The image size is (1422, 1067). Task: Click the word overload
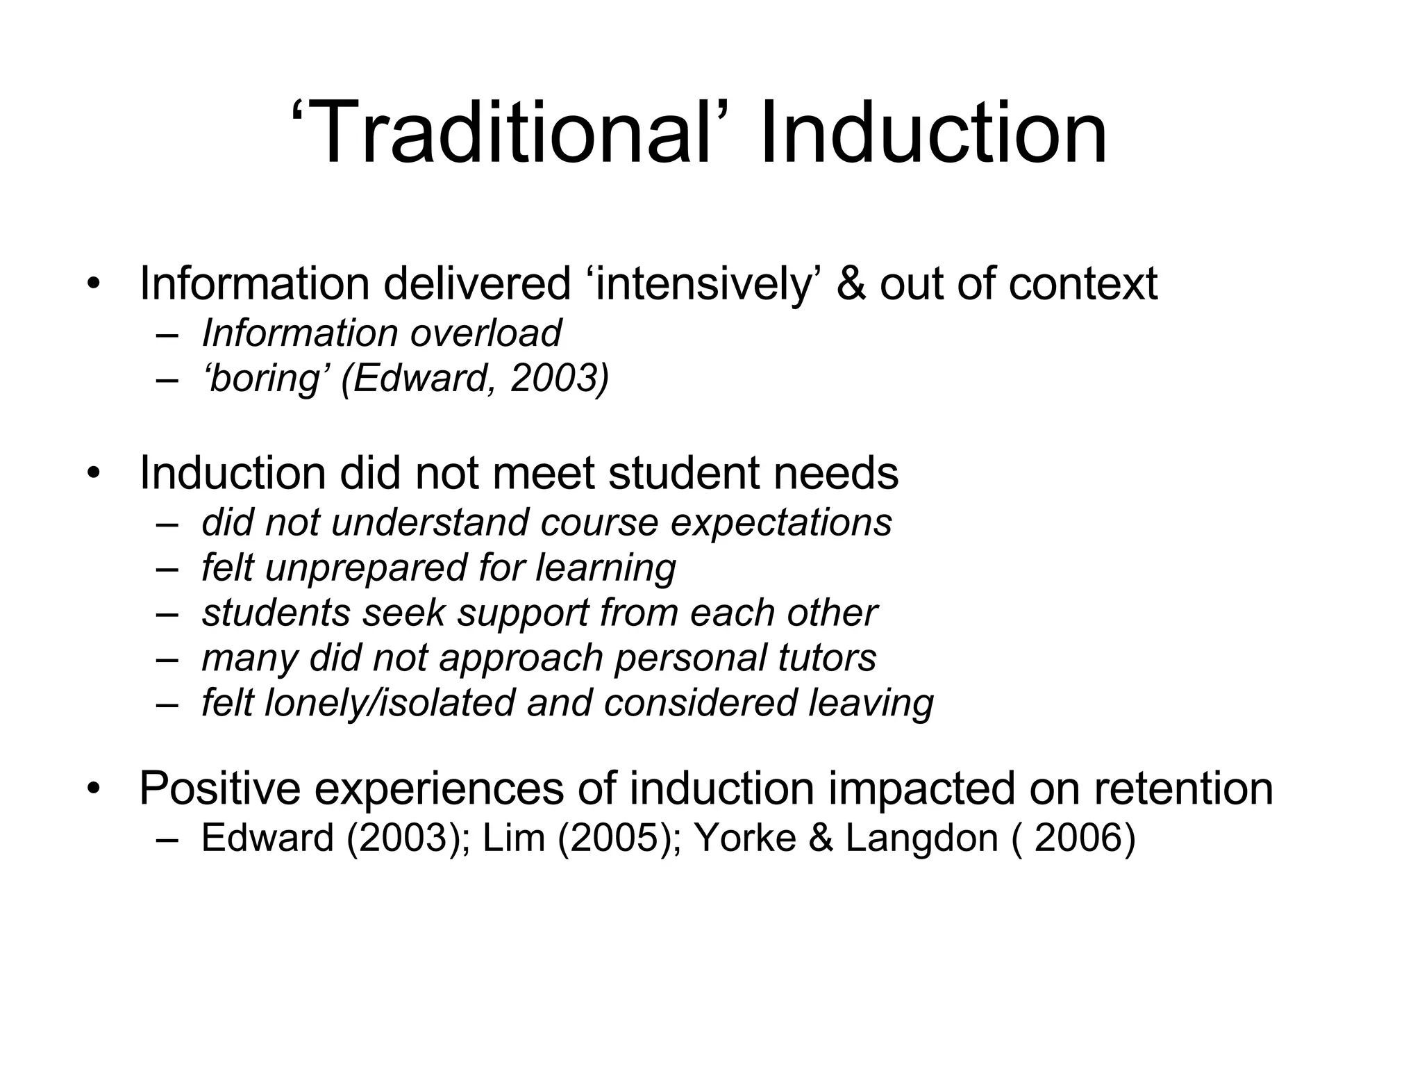pos(485,333)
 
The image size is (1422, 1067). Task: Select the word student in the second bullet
pos(684,473)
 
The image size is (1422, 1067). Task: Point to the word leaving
pos(871,703)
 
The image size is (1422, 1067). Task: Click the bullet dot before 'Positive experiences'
pos(94,790)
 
